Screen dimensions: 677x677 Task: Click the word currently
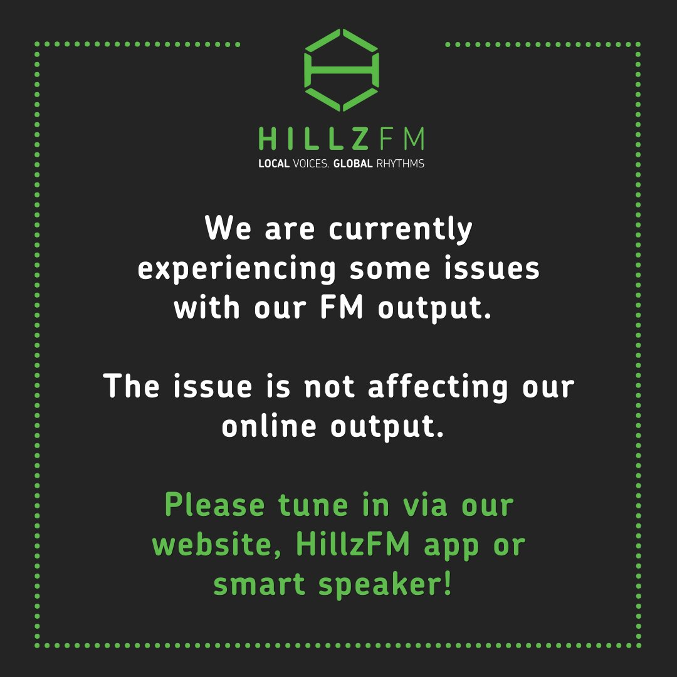point(401,231)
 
